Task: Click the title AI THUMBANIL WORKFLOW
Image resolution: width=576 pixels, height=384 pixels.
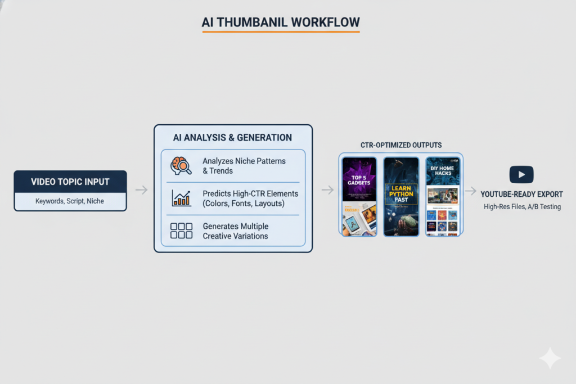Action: (280, 22)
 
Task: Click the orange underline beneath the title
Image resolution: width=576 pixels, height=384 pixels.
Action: (280, 32)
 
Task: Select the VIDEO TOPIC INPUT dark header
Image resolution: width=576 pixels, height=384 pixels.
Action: (70, 182)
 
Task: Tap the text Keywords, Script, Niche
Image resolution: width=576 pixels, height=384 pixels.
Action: (70, 201)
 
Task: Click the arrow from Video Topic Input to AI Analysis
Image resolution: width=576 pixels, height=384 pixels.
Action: (141, 190)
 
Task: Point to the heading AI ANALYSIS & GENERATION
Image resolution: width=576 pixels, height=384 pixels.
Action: (232, 137)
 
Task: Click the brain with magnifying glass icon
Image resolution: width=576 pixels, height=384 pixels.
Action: (181, 165)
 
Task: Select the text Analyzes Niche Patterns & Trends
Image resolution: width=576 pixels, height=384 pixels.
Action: (244, 165)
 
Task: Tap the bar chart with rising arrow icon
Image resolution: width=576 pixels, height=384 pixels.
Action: (181, 198)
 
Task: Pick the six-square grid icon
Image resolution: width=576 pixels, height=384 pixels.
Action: (181, 230)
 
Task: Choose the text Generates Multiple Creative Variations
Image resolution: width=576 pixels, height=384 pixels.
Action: (235, 231)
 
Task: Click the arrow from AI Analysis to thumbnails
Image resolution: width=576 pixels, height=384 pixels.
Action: (327, 190)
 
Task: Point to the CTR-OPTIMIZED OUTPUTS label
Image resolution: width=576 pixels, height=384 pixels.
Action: (400, 145)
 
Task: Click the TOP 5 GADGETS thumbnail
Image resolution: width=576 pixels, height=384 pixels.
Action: (359, 196)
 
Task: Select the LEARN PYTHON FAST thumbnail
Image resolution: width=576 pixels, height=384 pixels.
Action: (401, 196)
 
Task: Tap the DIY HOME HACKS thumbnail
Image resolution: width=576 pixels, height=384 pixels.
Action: (443, 196)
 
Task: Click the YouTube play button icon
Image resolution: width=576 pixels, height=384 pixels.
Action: (521, 175)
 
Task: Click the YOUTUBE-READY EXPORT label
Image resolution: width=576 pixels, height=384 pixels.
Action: (521, 194)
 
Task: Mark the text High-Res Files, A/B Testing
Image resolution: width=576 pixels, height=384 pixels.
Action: (521, 207)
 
